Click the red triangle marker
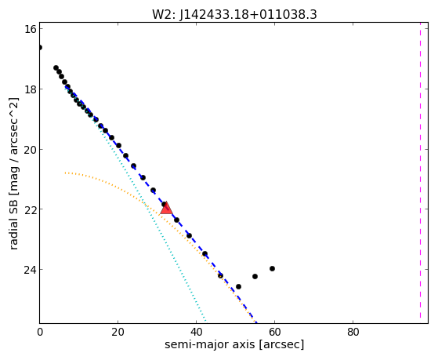[166, 209]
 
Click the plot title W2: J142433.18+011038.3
[234, 14]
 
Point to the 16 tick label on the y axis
[31, 29]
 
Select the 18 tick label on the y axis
[31, 89]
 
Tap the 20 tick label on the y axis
[31, 149]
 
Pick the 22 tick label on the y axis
[31, 209]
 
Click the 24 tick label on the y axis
[31, 270]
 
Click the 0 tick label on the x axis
[40, 332]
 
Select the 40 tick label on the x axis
[197, 332]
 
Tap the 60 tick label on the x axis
[274, 332]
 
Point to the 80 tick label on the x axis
[353, 332]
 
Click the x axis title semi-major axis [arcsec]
[234, 344]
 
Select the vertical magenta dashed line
[420, 173]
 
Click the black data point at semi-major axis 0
[40, 47]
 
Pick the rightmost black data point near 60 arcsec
[273, 268]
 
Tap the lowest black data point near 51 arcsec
[238, 287]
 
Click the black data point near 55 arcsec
[255, 276]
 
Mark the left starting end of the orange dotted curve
[65, 173]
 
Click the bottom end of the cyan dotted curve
[206, 321]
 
